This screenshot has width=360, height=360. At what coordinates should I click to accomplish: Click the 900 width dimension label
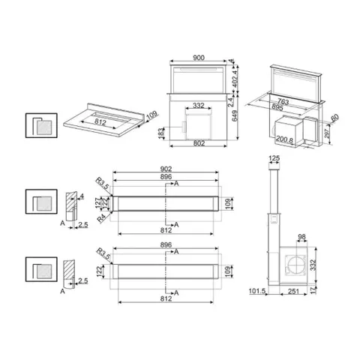click(199, 58)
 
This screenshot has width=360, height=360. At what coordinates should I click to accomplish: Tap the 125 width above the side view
click(274, 158)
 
